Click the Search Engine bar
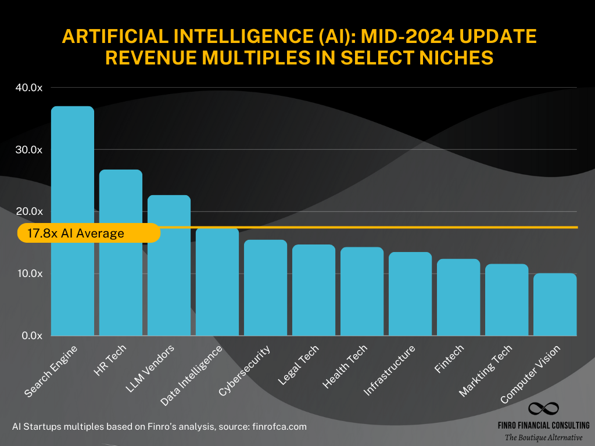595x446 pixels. pyautogui.click(x=73, y=221)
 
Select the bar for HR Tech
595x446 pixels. pyautogui.click(x=121, y=253)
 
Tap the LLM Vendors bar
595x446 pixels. pyautogui.click(x=169, y=265)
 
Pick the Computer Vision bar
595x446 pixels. pyautogui.click(x=555, y=304)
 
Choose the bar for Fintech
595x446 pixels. pyautogui.click(x=458, y=297)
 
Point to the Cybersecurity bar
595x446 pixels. pyautogui.click(x=266, y=288)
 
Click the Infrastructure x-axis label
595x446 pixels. pyautogui.click(x=390, y=371)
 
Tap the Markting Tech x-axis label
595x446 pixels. pyautogui.click(x=486, y=371)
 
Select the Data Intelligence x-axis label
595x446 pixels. pyautogui.click(x=192, y=375)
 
